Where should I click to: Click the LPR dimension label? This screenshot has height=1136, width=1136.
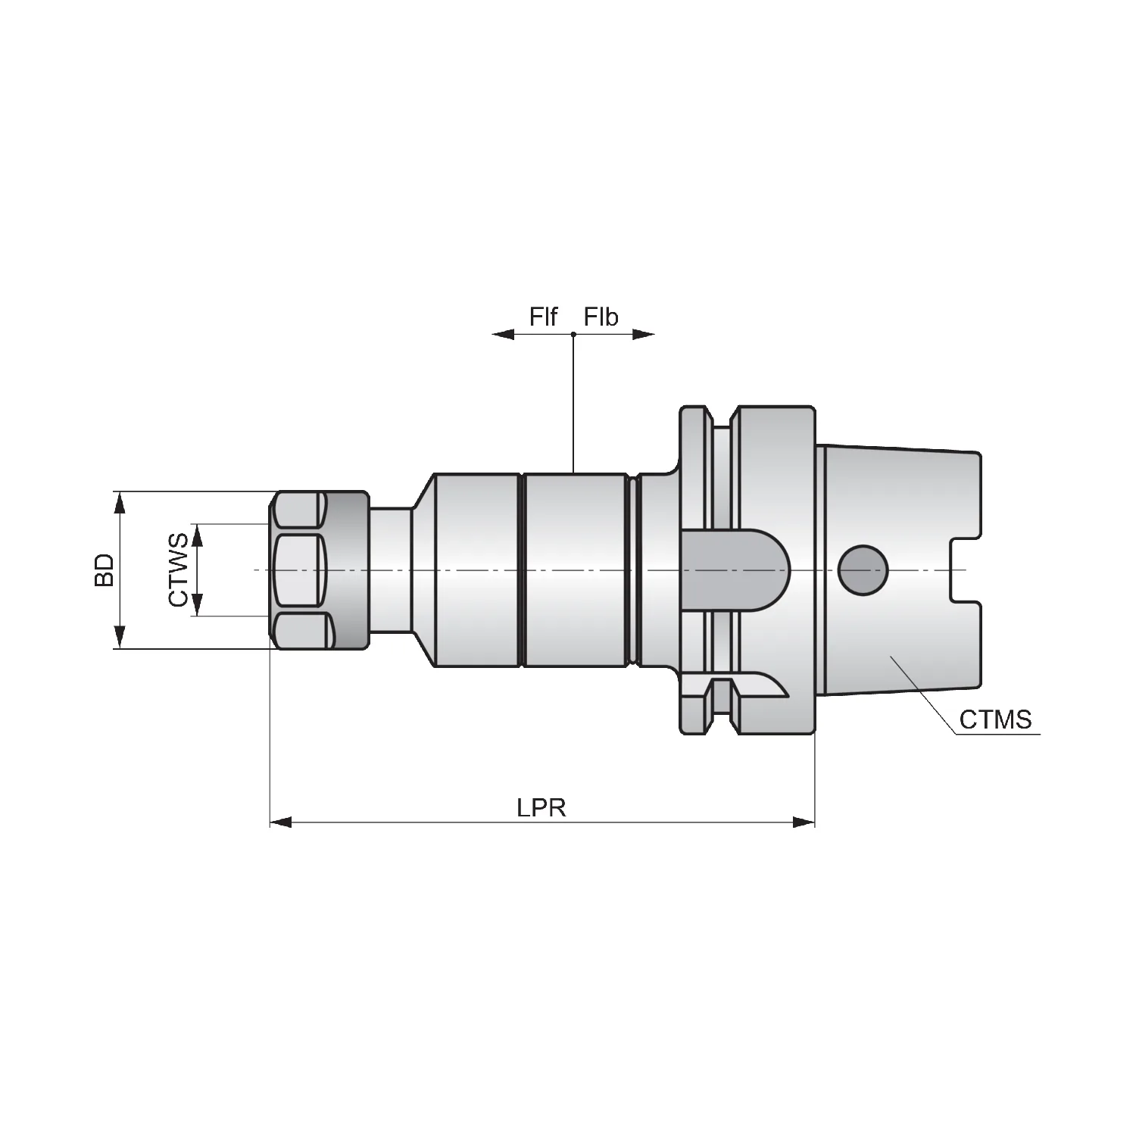pos(541,807)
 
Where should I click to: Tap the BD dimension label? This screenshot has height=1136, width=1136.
pos(104,570)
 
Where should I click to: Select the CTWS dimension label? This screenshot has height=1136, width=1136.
pos(178,570)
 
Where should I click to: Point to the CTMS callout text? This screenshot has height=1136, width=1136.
pos(995,719)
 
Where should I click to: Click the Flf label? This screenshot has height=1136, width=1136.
pos(544,317)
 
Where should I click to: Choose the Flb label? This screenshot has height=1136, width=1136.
pos(601,317)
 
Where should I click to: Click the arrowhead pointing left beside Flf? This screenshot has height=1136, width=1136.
pos(503,334)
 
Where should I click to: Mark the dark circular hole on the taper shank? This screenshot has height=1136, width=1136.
pos(863,570)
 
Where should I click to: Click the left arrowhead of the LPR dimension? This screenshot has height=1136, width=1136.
pos(281,822)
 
